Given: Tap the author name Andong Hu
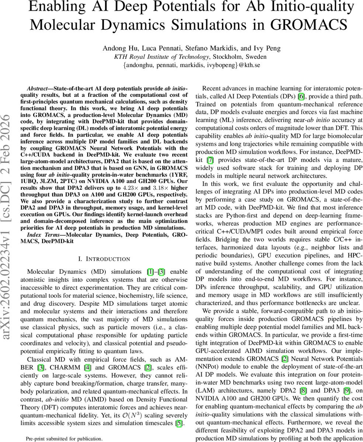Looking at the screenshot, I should (x=117, y=49).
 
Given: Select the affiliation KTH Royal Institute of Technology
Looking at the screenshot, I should (x=162, y=57).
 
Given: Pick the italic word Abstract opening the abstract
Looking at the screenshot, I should (x=39, y=90).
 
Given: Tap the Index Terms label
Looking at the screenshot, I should (x=41, y=234).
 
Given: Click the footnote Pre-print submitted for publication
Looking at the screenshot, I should (x=64, y=439).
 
